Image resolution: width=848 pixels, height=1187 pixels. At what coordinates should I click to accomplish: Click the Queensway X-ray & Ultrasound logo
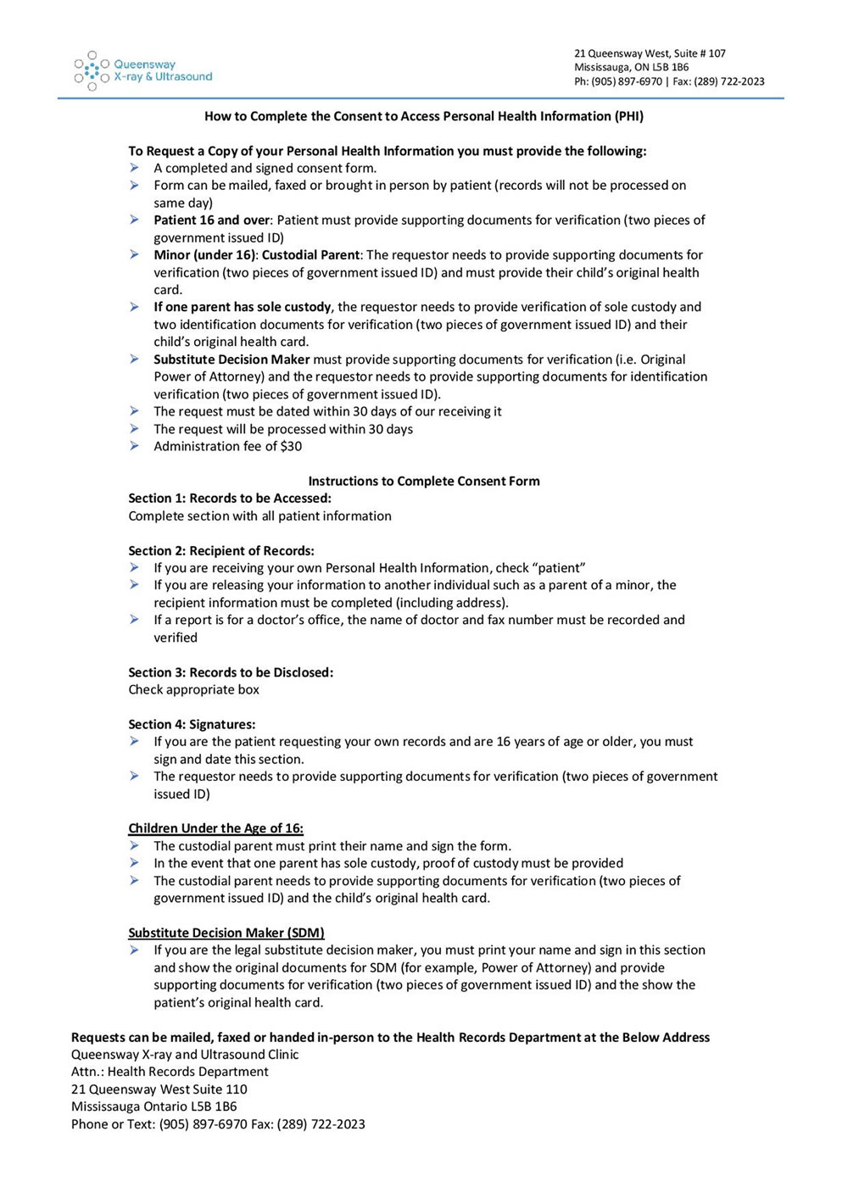[x=142, y=70]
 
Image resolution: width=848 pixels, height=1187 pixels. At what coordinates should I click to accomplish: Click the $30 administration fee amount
[x=291, y=446]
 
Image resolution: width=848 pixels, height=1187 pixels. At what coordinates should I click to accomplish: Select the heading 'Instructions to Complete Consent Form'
[x=423, y=481]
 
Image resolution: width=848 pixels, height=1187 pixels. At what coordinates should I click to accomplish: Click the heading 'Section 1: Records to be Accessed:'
[x=230, y=498]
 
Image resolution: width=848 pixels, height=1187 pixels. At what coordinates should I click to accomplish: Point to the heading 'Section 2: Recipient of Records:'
[x=221, y=550]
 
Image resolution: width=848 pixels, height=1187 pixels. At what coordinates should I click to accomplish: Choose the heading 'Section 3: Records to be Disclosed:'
[x=231, y=672]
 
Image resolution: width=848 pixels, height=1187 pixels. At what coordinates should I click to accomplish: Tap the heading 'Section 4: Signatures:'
[x=192, y=724]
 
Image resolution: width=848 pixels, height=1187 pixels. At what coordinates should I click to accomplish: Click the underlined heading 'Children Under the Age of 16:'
[x=215, y=828]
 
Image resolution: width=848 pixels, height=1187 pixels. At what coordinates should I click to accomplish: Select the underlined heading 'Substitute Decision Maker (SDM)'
[x=226, y=933]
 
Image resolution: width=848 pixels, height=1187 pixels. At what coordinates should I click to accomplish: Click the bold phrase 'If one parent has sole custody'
[x=243, y=307]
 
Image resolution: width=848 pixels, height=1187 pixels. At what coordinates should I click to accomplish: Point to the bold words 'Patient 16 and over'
[x=211, y=220]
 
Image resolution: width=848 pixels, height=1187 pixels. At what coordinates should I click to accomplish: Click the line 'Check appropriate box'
[x=193, y=689]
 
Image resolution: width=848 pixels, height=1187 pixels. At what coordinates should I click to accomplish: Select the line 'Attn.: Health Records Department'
[x=170, y=1072]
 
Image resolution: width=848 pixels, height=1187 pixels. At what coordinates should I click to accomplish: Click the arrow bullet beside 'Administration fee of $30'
[x=135, y=446]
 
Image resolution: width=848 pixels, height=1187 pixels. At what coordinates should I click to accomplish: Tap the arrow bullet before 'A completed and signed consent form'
[x=135, y=168]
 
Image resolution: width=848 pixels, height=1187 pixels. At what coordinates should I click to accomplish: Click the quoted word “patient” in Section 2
[x=558, y=568]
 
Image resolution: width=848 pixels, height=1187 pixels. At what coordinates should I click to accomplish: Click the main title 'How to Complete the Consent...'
[x=423, y=116]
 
